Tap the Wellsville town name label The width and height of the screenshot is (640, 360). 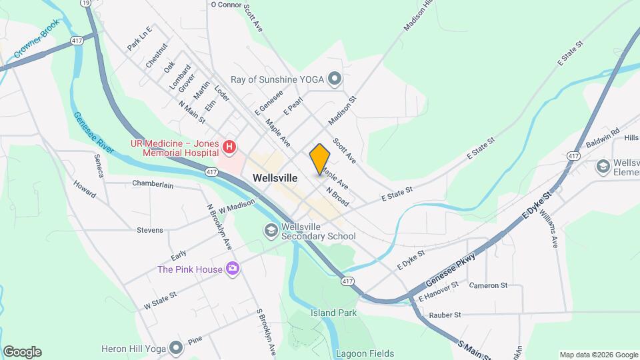tap(275, 178)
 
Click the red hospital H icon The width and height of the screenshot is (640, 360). tap(229, 146)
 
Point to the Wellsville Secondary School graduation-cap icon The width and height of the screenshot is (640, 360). tap(271, 231)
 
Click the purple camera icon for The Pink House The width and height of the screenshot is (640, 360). tap(233, 269)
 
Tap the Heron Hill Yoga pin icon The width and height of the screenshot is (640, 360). tap(176, 347)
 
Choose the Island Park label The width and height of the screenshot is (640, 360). tap(333, 313)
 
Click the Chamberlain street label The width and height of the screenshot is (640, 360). tap(157, 183)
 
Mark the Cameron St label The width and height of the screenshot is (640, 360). tap(488, 285)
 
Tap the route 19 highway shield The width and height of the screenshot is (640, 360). tap(85, 3)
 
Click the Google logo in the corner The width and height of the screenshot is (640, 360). tap(22, 352)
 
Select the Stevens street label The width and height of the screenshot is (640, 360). tap(150, 230)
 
